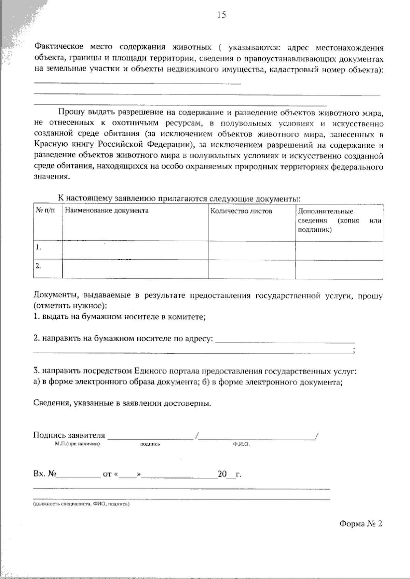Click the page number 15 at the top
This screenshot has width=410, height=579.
(221, 15)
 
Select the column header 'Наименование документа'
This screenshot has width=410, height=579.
(107, 211)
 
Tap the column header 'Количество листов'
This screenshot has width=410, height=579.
(241, 211)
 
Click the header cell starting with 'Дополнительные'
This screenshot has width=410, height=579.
(325, 211)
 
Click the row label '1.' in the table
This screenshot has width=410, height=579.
(38, 248)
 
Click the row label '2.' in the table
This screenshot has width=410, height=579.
(38, 266)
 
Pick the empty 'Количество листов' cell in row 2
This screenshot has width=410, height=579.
(251, 269)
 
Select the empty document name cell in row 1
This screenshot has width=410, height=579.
(135, 250)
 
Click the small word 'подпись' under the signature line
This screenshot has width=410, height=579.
(150, 444)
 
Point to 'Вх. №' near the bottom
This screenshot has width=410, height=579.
(45, 474)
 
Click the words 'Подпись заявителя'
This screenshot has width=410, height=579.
(69, 435)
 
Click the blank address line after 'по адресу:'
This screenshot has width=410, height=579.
(286, 341)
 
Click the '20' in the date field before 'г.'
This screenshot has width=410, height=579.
(222, 474)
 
